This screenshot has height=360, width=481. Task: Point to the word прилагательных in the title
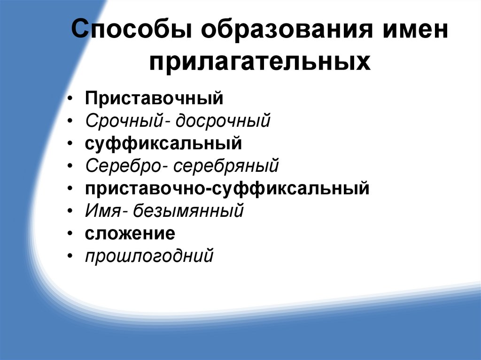(260, 61)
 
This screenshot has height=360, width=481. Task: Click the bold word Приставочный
(154, 99)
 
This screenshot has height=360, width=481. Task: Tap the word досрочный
(223, 122)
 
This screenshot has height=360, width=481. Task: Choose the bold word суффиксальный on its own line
(163, 144)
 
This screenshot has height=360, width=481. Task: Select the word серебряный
(230, 166)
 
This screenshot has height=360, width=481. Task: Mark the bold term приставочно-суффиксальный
(227, 188)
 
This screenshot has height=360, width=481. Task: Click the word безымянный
(188, 211)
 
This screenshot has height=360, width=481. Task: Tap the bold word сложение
(130, 233)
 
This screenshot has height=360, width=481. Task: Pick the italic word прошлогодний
(149, 256)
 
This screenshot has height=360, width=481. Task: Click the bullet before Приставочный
(70, 100)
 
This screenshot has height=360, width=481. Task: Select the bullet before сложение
(70, 234)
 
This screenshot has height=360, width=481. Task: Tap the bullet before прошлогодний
(70, 257)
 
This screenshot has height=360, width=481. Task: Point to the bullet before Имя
(70, 212)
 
